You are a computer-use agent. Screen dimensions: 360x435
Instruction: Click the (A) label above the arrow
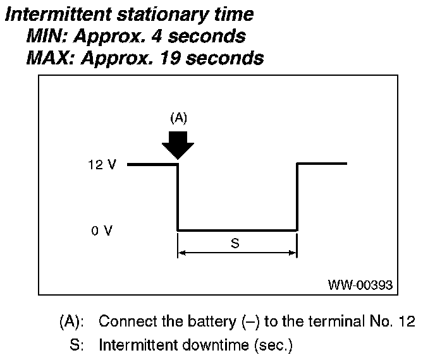click(x=179, y=117)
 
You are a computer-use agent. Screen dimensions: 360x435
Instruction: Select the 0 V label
click(x=101, y=231)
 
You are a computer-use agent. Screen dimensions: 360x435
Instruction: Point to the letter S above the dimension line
click(x=235, y=243)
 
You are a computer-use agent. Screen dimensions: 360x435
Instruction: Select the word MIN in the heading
click(x=44, y=36)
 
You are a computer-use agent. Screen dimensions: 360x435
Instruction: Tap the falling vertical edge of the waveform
click(x=178, y=197)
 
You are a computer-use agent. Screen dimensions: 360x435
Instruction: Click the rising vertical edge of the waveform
click(x=297, y=197)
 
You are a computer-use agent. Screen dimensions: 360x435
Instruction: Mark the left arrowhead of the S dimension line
click(x=181, y=253)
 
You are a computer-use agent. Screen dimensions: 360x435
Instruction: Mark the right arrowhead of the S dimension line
click(x=293, y=253)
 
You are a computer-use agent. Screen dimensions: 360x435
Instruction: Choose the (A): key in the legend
click(x=72, y=321)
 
